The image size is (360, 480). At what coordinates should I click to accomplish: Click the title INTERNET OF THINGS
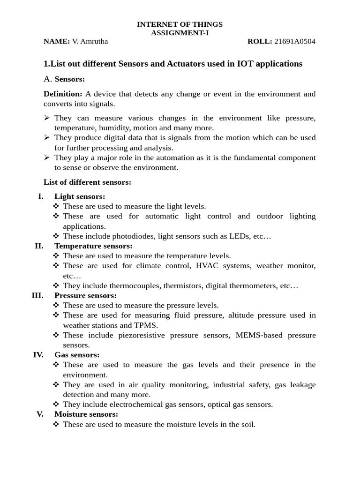180,24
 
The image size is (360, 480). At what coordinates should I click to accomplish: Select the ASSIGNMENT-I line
180,33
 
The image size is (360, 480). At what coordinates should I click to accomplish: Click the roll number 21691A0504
294,41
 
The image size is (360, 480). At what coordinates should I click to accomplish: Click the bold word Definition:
63,94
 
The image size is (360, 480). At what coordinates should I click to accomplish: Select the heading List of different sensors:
87,182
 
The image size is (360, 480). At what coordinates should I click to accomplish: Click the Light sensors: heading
80,196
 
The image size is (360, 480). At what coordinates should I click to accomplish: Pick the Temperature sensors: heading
93,246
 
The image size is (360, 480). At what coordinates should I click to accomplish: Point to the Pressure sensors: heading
85,295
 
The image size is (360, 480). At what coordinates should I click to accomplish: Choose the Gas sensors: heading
77,355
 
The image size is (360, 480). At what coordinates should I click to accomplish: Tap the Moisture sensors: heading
86,414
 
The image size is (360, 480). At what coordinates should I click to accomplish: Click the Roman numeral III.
37,295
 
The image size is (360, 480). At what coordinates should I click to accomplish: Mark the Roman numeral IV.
38,355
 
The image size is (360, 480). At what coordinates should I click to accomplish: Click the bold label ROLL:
260,41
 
